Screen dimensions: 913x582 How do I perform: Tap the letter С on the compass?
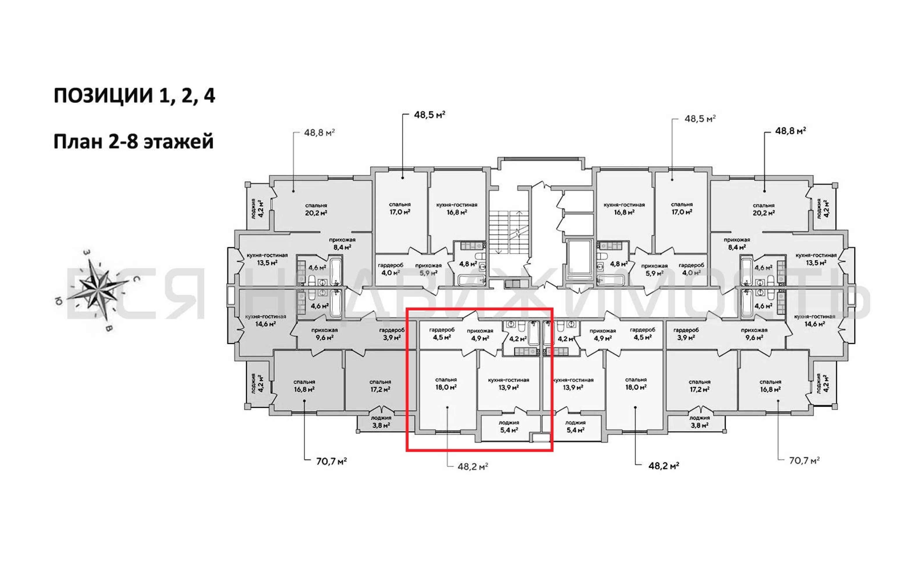click(x=136, y=279)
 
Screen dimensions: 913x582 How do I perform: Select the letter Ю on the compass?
click(x=58, y=301)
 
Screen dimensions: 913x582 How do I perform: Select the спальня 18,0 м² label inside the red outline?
click(x=446, y=383)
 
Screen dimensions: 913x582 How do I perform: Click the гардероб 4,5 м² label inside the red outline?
click(x=442, y=333)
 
